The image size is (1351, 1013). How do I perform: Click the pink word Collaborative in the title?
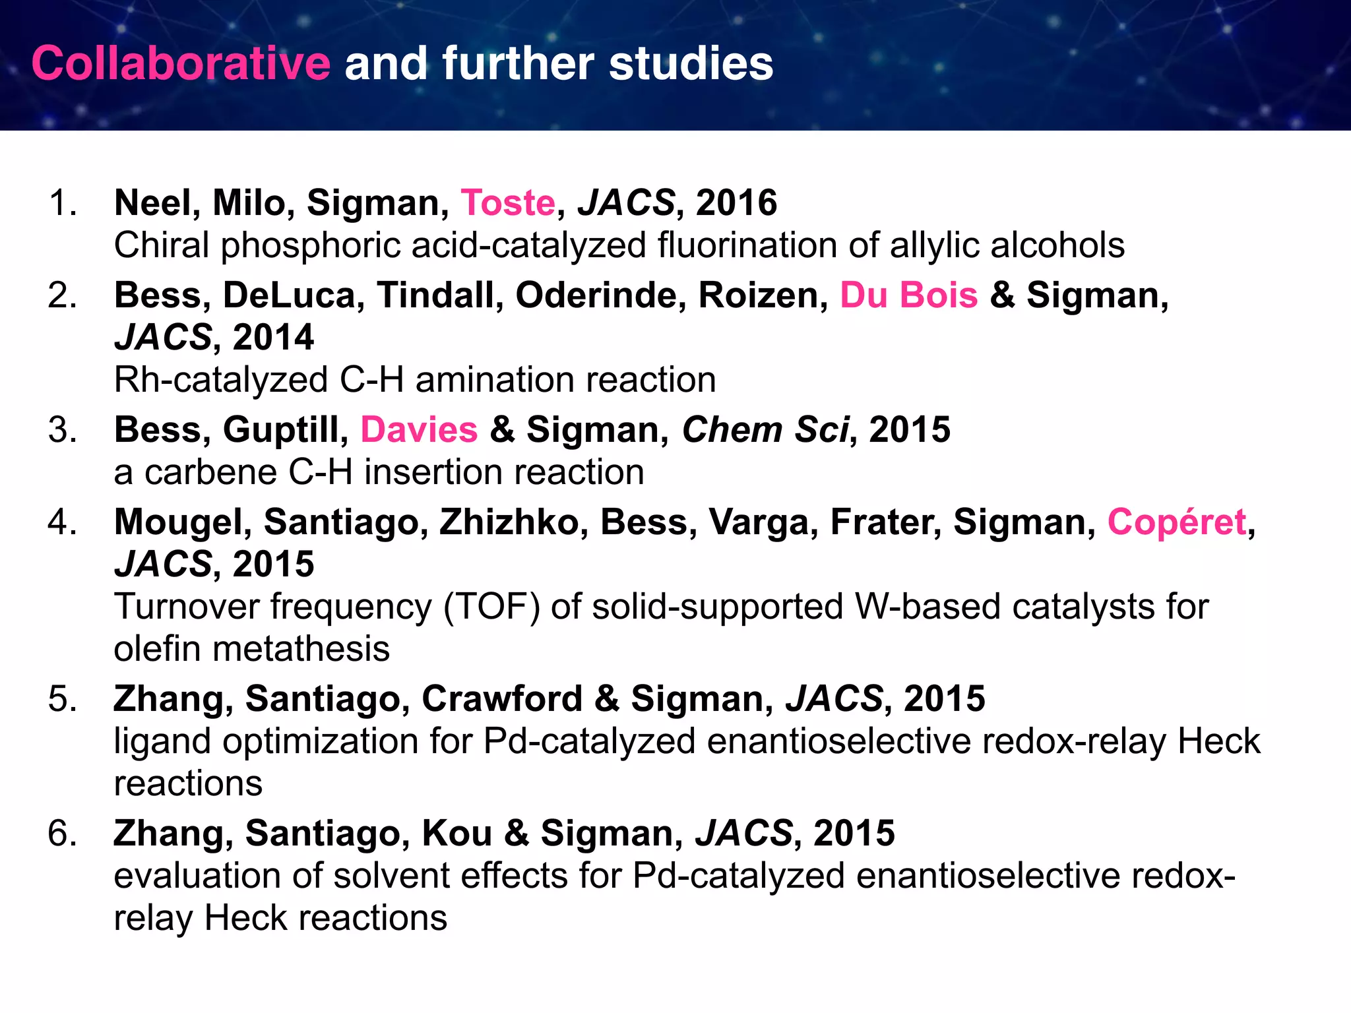pyautogui.click(x=181, y=64)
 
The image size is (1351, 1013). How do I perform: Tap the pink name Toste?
pyautogui.click(x=508, y=202)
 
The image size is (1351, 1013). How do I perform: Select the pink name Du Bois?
pyautogui.click(x=908, y=295)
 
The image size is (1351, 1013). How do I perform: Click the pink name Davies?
pyautogui.click(x=419, y=429)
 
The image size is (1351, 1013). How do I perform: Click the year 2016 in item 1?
pyautogui.click(x=736, y=202)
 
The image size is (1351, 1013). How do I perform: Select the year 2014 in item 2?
pyautogui.click(x=273, y=337)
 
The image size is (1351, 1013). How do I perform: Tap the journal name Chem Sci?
pyautogui.click(x=765, y=429)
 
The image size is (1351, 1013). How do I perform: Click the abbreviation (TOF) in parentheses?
pyautogui.click(x=491, y=607)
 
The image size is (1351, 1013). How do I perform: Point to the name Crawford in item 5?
pyautogui.click(x=502, y=698)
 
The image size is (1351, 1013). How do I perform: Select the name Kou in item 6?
pyautogui.click(x=457, y=833)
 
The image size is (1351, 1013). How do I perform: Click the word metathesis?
pyautogui.click(x=301, y=649)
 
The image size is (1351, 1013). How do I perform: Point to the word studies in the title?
pyautogui.click(x=691, y=64)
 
